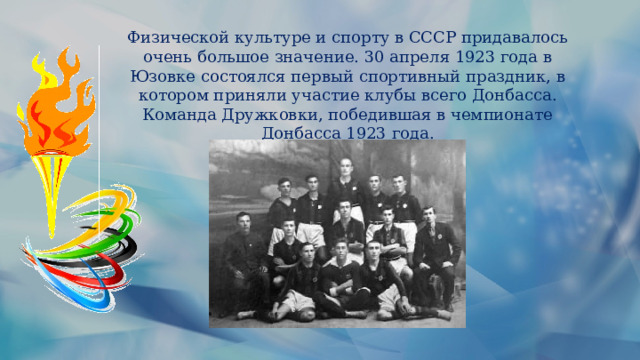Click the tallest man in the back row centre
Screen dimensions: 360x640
tap(346, 180)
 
